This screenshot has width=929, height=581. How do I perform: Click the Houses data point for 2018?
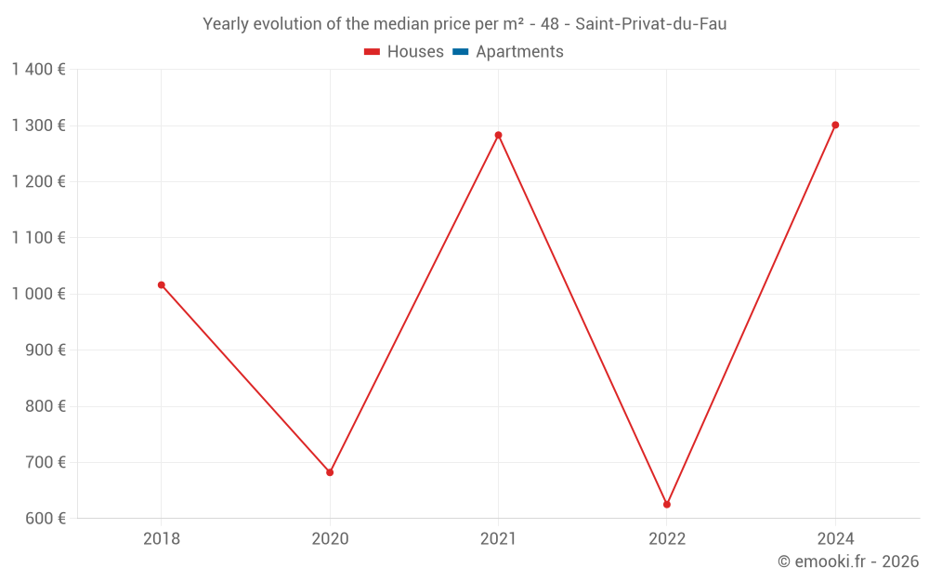(162, 285)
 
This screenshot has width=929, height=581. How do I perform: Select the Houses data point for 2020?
(330, 472)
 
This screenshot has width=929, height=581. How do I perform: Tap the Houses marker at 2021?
(498, 135)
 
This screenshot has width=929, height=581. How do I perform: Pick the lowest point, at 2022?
(667, 505)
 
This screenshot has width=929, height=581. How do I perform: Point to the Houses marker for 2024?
(835, 125)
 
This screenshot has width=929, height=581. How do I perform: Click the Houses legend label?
(415, 52)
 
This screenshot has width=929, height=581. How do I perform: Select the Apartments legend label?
(519, 52)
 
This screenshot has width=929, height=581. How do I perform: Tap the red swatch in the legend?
(373, 52)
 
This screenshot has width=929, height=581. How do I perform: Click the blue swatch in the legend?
(461, 52)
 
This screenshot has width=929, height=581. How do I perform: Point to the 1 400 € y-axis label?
(38, 70)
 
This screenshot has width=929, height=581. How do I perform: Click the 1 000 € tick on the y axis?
(38, 294)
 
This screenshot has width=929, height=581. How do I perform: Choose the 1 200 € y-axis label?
(38, 182)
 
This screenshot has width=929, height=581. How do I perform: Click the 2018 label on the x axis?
(162, 539)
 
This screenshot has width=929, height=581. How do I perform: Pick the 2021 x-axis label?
(498, 539)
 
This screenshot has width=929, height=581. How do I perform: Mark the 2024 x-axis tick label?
(835, 539)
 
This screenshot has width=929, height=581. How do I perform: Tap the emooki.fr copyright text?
(848, 561)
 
